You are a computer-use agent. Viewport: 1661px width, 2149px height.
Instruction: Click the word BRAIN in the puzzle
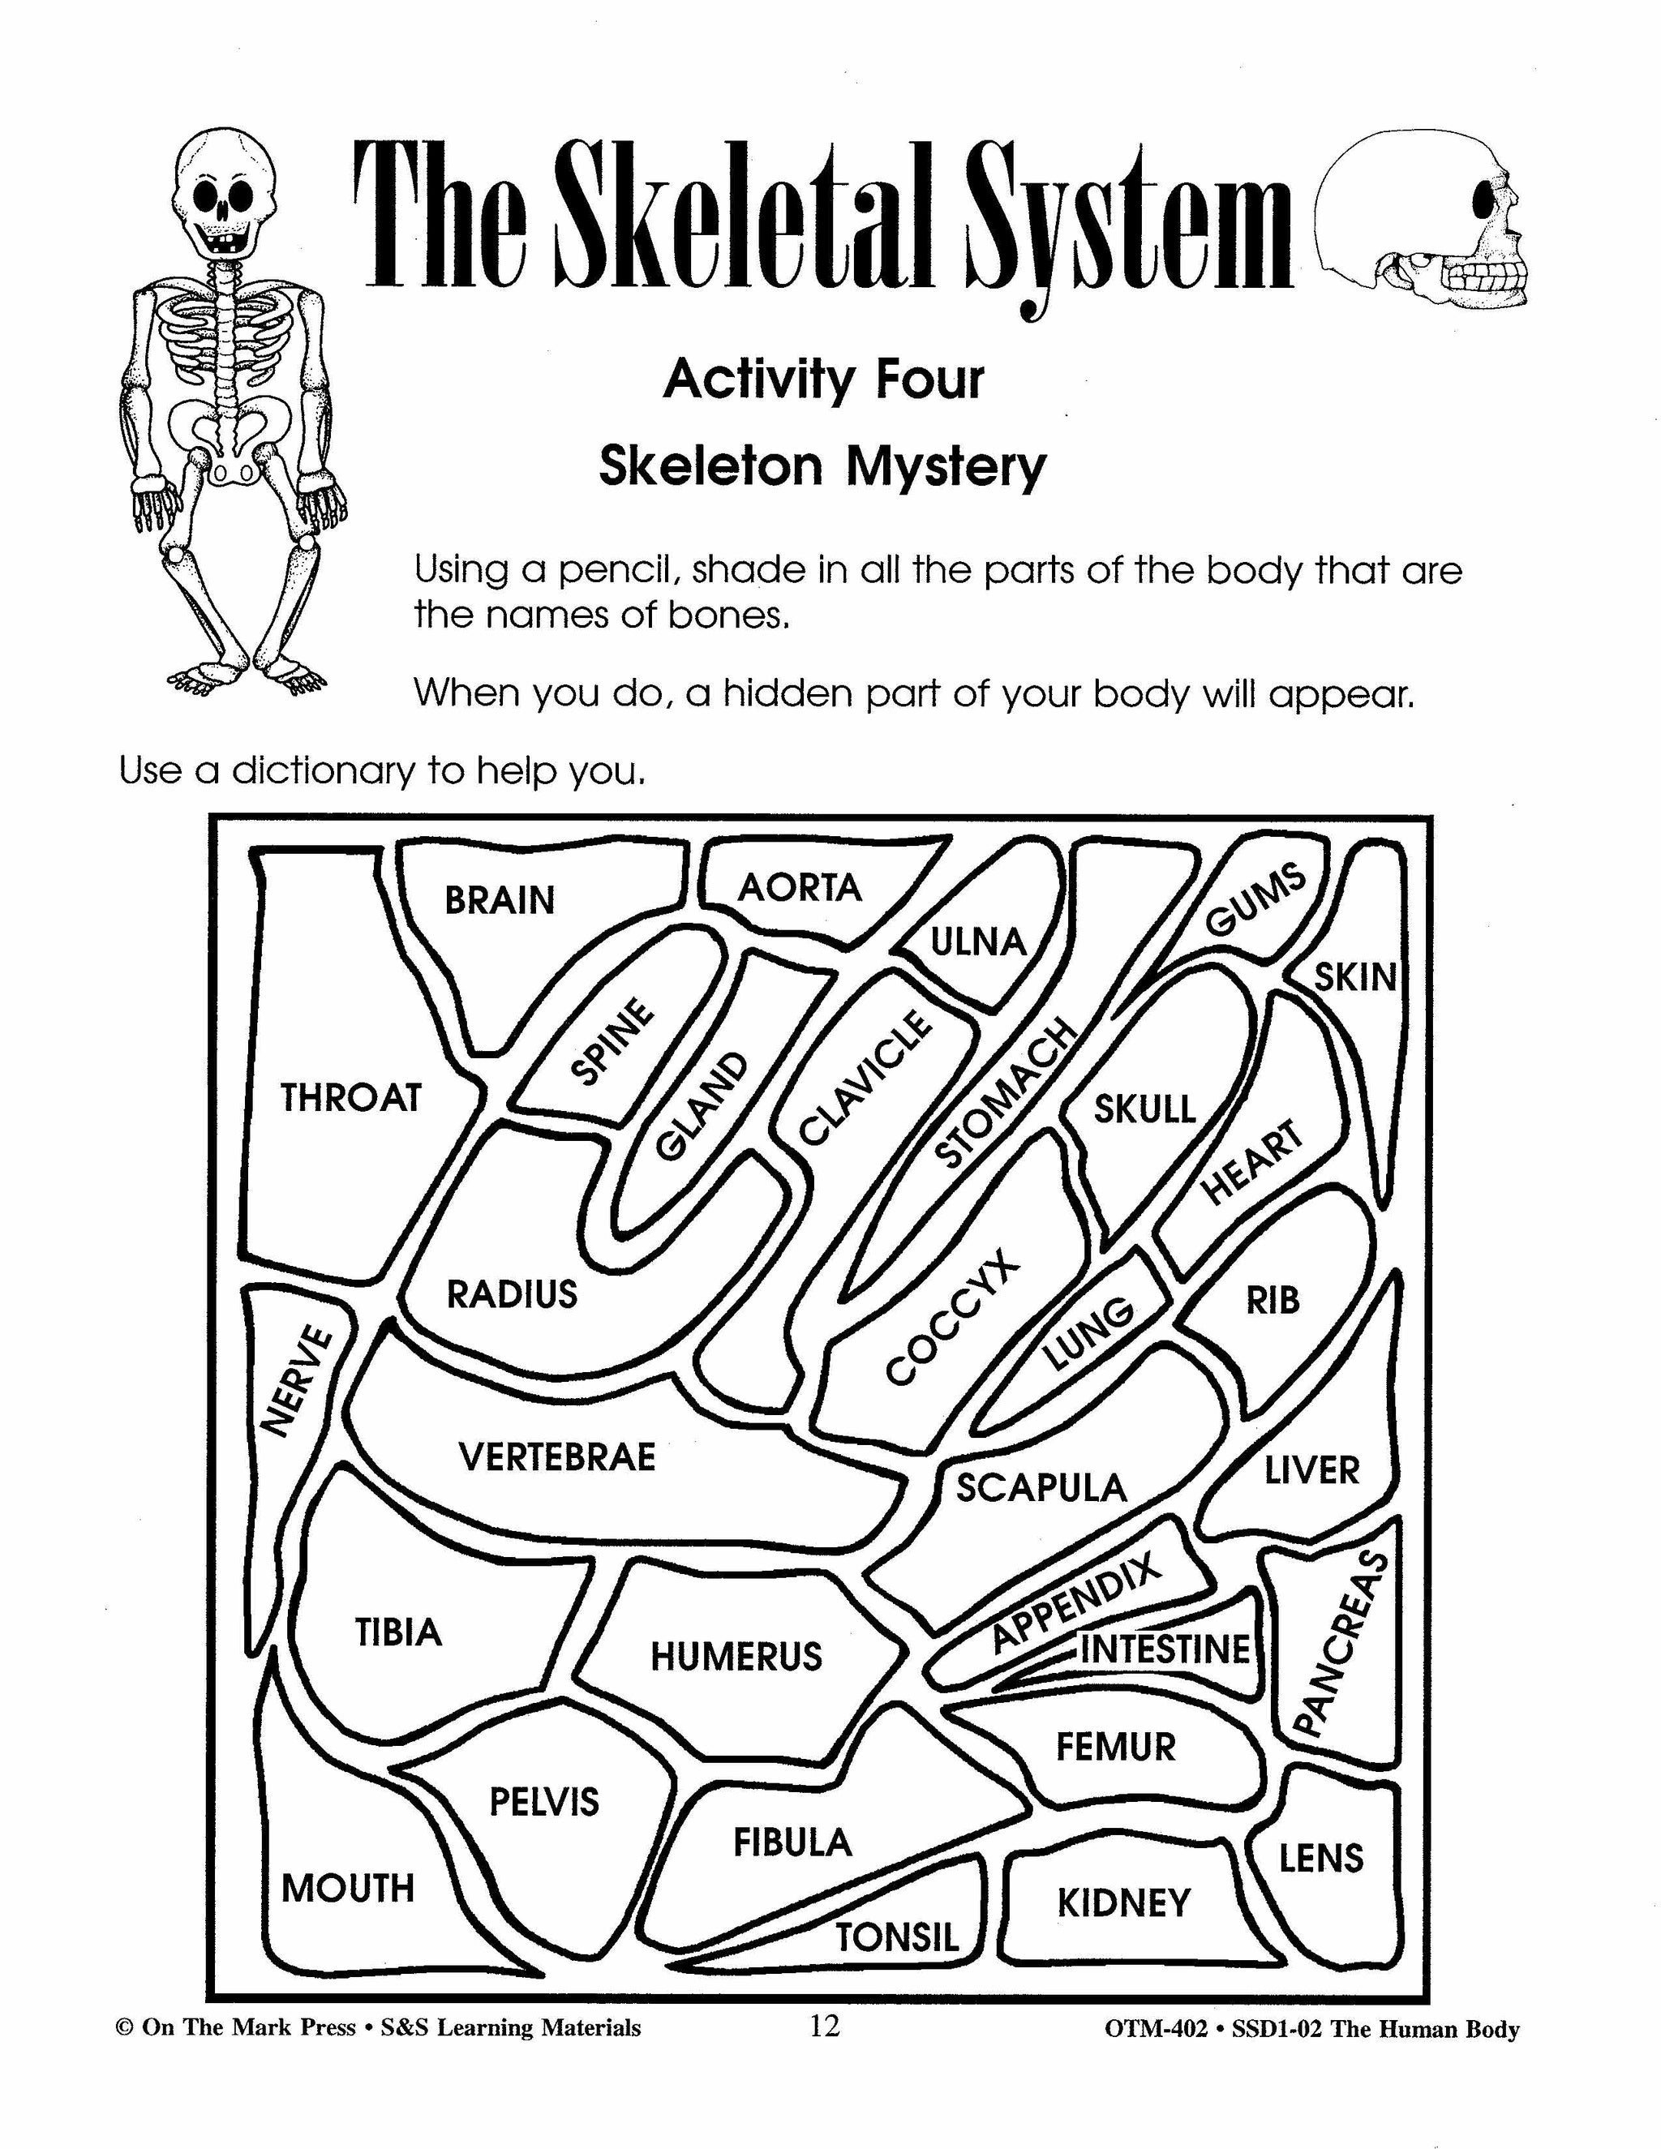click(500, 900)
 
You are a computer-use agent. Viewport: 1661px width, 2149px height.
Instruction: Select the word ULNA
click(978, 942)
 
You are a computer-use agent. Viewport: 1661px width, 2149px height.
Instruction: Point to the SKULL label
click(1145, 1110)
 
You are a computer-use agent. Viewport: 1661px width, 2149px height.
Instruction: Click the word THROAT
click(350, 1097)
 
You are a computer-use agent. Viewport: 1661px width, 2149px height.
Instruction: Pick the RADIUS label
click(512, 1294)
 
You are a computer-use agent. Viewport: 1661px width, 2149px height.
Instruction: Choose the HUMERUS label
click(736, 1657)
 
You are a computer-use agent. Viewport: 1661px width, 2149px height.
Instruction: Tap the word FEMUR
click(1116, 1748)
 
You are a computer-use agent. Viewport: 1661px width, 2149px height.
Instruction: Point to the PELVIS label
click(544, 1803)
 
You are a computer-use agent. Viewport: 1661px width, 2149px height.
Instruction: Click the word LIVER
click(1311, 1471)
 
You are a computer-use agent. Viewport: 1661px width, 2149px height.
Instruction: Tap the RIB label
click(1273, 1301)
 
